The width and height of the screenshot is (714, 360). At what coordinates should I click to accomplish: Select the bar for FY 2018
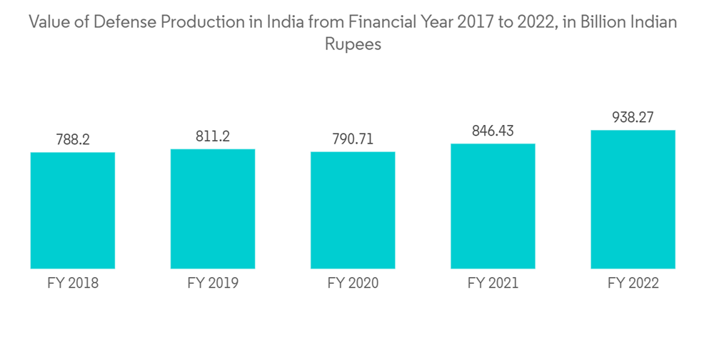pos(73,211)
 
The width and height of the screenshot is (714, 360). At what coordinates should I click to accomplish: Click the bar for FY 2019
pos(213,209)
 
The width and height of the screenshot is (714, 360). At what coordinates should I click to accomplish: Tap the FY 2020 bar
pos(353,211)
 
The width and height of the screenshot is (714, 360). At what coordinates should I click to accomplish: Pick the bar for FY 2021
pos(493,206)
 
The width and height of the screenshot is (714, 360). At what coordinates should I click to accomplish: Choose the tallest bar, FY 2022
pos(633,199)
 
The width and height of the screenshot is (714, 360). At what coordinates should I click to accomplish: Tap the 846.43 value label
pos(493,131)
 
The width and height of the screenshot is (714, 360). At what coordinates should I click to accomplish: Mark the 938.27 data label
pos(633,118)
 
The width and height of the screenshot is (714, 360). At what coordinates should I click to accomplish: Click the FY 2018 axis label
pos(73,284)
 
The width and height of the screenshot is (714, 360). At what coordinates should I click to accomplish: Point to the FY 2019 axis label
pos(213,284)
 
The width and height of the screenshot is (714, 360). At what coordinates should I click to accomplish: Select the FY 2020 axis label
pos(353,284)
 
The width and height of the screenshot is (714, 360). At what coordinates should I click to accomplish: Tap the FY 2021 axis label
pos(493,284)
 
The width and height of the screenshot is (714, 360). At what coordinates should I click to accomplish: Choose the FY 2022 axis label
pos(633,284)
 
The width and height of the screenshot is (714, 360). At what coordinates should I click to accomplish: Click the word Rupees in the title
pos(353,44)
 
